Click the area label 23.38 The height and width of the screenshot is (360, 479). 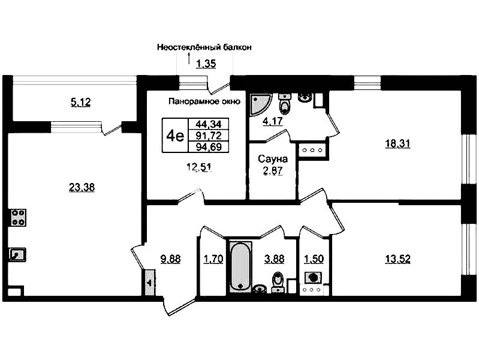82,187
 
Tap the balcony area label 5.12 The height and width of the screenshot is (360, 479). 81,102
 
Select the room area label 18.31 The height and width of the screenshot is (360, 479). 397,143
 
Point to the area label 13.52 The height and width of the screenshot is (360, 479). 397,259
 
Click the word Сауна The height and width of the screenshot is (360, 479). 273,159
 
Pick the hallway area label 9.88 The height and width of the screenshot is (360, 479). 170,259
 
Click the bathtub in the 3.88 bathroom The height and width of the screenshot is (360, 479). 241,266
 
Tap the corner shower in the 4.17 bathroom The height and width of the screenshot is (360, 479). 260,104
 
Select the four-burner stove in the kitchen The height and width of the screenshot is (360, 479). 19,217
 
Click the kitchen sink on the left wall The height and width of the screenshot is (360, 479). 17,254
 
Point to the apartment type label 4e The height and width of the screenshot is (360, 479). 175,136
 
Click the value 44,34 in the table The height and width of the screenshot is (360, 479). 209,124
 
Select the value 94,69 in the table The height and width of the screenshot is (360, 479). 209,147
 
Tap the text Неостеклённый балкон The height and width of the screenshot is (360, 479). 204,47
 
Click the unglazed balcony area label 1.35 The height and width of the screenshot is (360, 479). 206,64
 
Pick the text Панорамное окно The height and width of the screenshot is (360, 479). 204,101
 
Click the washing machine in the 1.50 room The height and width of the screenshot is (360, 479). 313,278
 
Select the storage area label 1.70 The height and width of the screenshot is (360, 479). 213,259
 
